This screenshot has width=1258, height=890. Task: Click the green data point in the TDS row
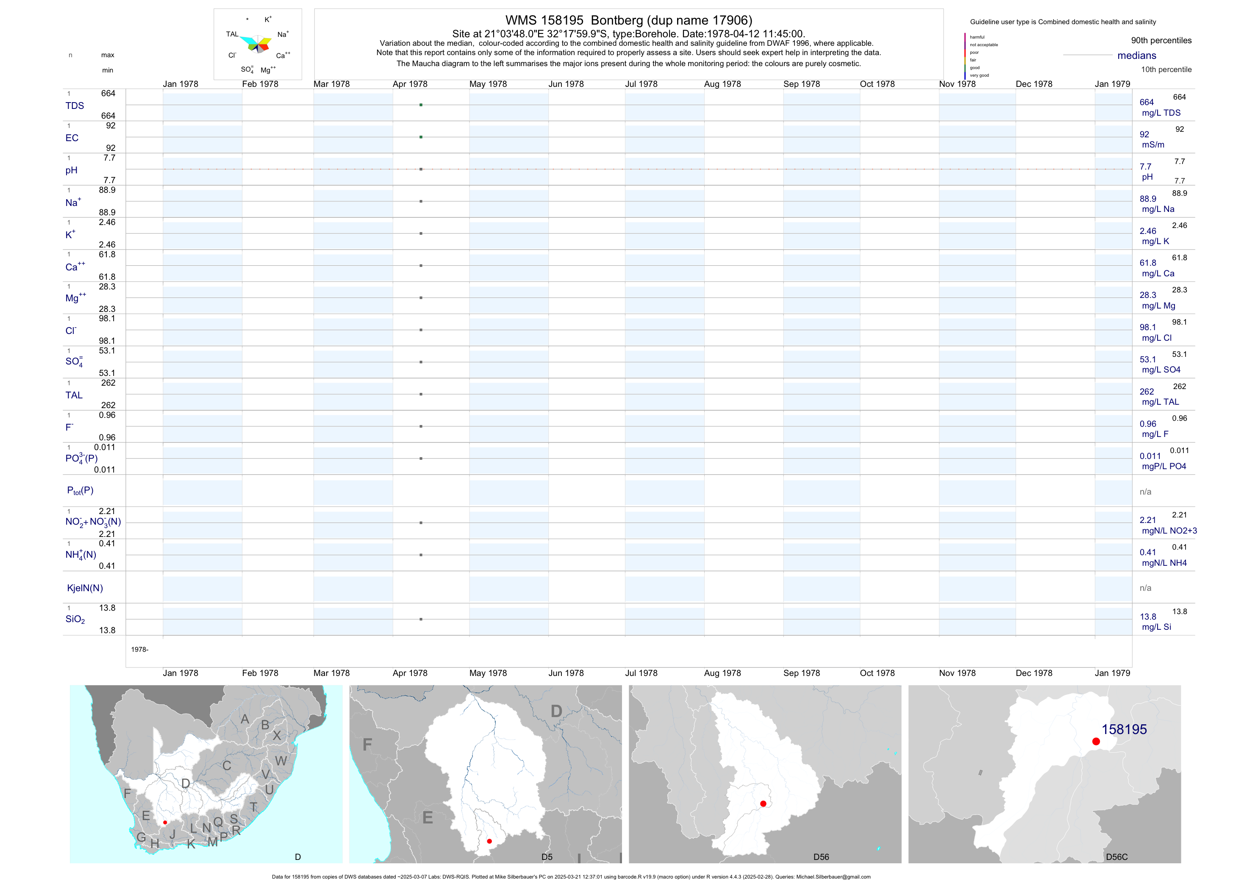pyautogui.click(x=421, y=105)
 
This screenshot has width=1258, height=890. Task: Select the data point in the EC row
pyautogui.click(x=421, y=137)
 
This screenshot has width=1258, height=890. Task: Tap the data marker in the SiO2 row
pyautogui.click(x=421, y=619)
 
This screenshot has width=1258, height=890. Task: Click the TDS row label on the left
pyautogui.click(x=75, y=106)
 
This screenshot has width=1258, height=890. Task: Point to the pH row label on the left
pyautogui.click(x=71, y=170)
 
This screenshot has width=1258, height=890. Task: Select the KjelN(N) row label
pyautogui.click(x=85, y=588)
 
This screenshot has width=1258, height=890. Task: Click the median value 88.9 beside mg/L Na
pyautogui.click(x=1148, y=199)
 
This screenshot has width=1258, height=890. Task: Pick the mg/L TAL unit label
pyautogui.click(x=1160, y=402)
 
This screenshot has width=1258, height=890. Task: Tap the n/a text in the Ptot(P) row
pyautogui.click(x=1145, y=492)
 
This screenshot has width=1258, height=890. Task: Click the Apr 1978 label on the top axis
pyautogui.click(x=410, y=84)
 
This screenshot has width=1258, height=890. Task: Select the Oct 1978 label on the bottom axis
pyautogui.click(x=877, y=673)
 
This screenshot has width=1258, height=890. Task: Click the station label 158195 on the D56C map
pyautogui.click(x=1124, y=729)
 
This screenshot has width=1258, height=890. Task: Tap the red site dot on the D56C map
pyautogui.click(x=1096, y=742)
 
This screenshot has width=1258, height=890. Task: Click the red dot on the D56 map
pyautogui.click(x=763, y=804)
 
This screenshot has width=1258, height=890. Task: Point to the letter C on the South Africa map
pyautogui.click(x=226, y=765)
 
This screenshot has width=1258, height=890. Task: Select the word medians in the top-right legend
pyautogui.click(x=1137, y=56)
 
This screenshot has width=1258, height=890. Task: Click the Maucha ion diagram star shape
pyautogui.click(x=256, y=44)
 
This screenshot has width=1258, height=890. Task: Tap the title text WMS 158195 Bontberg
pyautogui.click(x=628, y=20)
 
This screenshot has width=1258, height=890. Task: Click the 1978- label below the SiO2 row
pyautogui.click(x=140, y=649)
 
